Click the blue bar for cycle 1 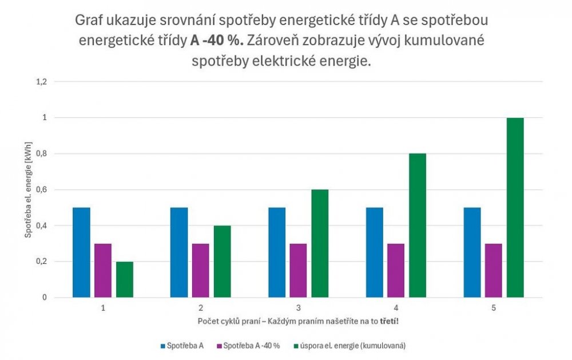pyautogui.click(x=81, y=252)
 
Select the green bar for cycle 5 pyautogui.click(x=515, y=208)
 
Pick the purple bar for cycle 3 pyautogui.click(x=298, y=270)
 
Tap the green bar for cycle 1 pyautogui.click(x=125, y=279)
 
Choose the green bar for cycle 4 pyautogui.click(x=417, y=226)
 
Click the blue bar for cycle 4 pyautogui.click(x=375, y=252)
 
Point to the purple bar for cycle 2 pyautogui.click(x=200, y=270)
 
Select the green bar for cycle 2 pyautogui.click(x=222, y=262)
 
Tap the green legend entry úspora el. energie pyautogui.click(x=349, y=346)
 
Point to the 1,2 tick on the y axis pyautogui.click(x=41, y=82)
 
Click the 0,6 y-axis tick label pyautogui.click(x=41, y=190)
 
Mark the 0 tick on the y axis pyautogui.click(x=44, y=298)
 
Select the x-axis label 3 pyautogui.click(x=298, y=307)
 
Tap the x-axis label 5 pyautogui.click(x=493, y=307)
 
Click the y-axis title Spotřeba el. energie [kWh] pyautogui.click(x=27, y=189)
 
